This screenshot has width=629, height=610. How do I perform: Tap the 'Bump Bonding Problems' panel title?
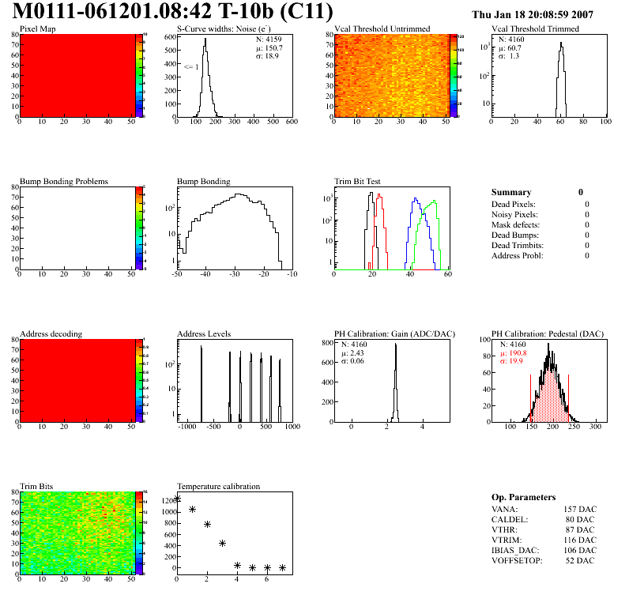click(x=63, y=182)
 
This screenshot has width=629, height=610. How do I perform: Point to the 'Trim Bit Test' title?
click(x=358, y=182)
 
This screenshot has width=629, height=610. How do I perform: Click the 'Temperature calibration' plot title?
click(x=218, y=486)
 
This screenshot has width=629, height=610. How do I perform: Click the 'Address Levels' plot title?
click(x=204, y=334)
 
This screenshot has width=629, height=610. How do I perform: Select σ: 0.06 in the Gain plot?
click(x=358, y=361)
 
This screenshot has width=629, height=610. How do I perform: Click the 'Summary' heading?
click(x=511, y=192)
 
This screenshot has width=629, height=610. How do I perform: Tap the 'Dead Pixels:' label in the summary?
click(x=514, y=205)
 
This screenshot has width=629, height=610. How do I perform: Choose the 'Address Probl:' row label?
click(x=517, y=255)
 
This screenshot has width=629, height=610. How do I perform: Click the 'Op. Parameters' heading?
click(x=523, y=497)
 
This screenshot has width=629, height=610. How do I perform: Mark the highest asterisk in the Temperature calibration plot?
click(x=177, y=499)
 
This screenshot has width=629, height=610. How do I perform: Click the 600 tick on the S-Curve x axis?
click(x=291, y=122)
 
